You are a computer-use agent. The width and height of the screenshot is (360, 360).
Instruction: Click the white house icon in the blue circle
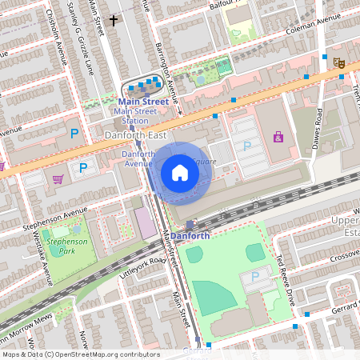tap(180, 172)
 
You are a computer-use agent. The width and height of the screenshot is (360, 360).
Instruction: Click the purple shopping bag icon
tap(278, 137)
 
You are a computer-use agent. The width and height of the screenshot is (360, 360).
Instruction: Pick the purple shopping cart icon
tap(57, 178)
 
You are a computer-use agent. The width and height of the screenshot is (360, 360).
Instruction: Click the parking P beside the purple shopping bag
tap(247, 146)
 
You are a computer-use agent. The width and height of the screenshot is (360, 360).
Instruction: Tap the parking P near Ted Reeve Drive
tap(255, 277)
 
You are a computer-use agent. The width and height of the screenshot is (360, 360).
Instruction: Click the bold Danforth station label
tap(190, 236)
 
